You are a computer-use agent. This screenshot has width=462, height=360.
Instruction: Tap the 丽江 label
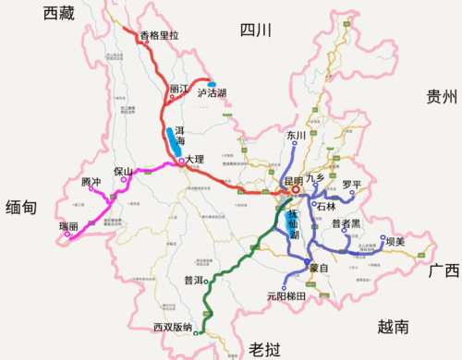tap(178, 90)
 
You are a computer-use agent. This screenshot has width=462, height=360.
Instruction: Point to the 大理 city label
tap(194, 159)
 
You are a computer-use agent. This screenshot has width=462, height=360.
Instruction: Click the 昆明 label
tap(294, 181)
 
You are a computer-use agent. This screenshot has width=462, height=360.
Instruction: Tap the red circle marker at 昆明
tap(297, 193)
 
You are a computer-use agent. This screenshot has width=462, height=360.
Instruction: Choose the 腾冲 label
tap(91, 182)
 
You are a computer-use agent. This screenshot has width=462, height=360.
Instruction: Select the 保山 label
tap(124, 172)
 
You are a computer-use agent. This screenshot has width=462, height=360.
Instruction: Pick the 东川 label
tap(296, 136)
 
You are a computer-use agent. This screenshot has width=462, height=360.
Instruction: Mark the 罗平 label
tap(352, 185)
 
